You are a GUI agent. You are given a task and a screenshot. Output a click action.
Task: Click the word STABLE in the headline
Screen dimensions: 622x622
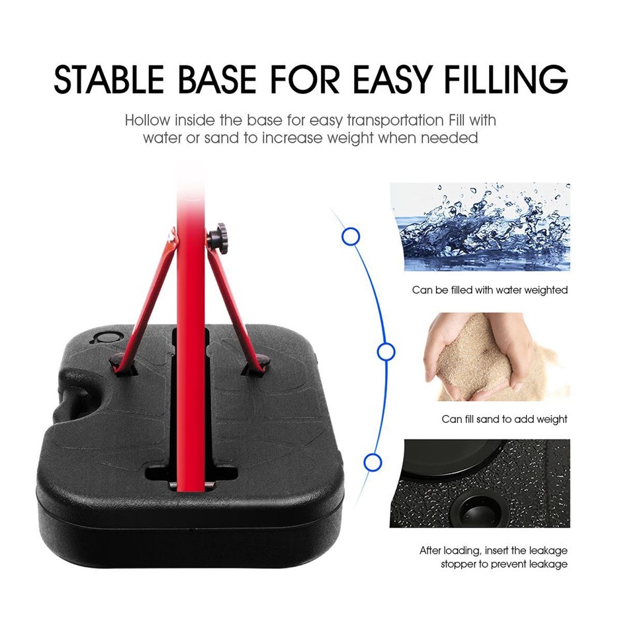click(x=109, y=79)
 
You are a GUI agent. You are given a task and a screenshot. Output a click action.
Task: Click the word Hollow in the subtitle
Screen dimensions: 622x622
click(x=148, y=120)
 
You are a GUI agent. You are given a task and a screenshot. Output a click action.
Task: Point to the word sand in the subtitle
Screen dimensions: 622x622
click(x=222, y=138)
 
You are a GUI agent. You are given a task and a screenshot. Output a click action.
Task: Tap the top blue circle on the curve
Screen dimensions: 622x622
click(x=351, y=237)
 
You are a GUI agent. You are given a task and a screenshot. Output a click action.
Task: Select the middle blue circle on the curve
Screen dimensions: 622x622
click(x=386, y=352)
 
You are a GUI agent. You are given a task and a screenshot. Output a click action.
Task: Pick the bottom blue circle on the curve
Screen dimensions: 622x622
click(x=373, y=463)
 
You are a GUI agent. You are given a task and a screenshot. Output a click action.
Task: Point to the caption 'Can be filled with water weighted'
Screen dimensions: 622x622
click(x=490, y=290)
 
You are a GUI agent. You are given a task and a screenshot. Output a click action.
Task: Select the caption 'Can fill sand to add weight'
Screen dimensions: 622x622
click(x=505, y=420)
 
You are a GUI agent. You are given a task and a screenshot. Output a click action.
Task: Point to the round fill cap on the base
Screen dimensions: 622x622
click(x=107, y=338)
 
